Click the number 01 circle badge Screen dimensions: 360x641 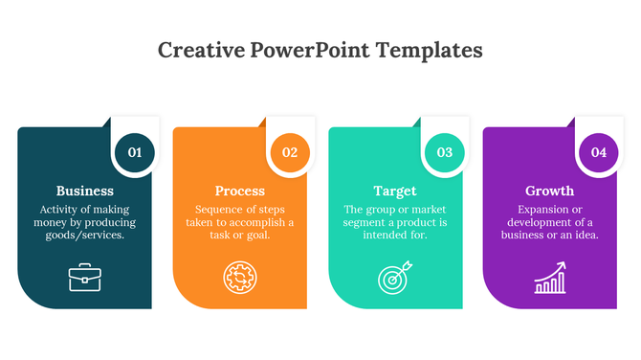click(135, 152)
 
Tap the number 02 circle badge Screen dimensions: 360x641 click(290, 152)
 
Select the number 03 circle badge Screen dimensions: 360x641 click(445, 152)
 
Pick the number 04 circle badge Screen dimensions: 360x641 click(599, 152)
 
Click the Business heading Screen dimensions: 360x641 click(85, 191)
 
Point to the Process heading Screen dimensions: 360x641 click(240, 191)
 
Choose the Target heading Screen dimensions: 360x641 click(395, 191)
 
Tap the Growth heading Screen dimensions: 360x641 click(550, 191)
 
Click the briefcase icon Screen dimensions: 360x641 click(84, 278)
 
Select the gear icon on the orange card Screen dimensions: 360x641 click(239, 278)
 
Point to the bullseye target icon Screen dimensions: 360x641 click(394, 279)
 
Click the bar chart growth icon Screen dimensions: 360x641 click(549, 280)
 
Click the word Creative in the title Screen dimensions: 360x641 click(198, 50)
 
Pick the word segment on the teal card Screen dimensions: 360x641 click(367, 223)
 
